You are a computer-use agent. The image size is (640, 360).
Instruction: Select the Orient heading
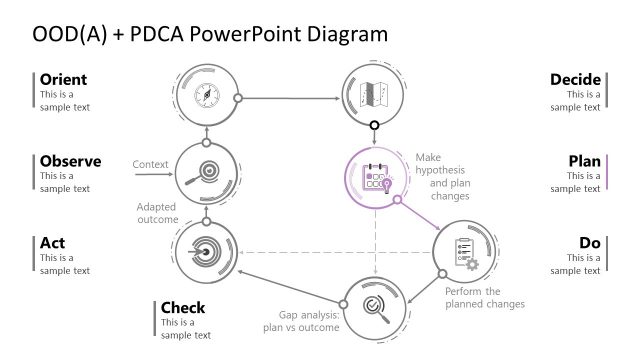tap(63, 79)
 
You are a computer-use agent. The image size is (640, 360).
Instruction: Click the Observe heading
tap(70, 161)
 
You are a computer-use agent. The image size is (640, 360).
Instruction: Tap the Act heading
tap(53, 242)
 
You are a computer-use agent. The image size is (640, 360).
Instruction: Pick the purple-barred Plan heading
tap(584, 161)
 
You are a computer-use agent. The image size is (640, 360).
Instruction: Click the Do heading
tap(589, 242)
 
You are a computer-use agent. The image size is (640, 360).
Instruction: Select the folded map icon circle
tap(373, 93)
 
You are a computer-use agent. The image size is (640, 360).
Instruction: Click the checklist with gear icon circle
tap(463, 250)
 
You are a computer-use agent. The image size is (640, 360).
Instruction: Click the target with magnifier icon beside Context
tap(205, 172)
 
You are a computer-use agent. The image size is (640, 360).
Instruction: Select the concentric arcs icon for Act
tap(205, 250)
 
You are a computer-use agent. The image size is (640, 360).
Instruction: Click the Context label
tap(149, 163)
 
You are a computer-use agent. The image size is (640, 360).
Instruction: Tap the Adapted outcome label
tap(157, 213)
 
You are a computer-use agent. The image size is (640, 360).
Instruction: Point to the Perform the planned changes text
tap(484, 297)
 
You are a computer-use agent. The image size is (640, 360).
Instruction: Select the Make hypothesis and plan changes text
tap(442, 176)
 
